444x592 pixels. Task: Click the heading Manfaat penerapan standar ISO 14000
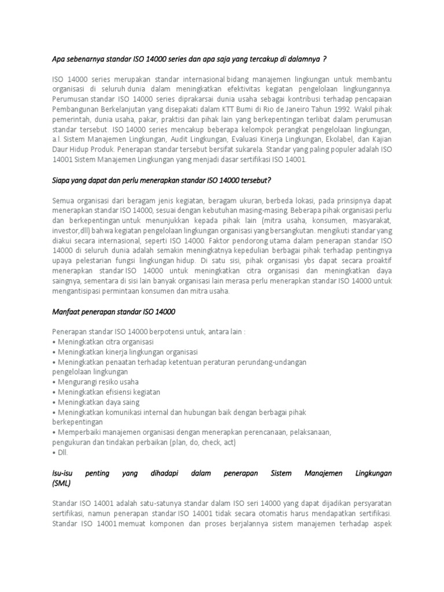[x=113, y=312]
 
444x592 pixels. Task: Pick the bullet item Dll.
[x=60, y=452]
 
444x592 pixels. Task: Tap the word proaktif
[x=376, y=260]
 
